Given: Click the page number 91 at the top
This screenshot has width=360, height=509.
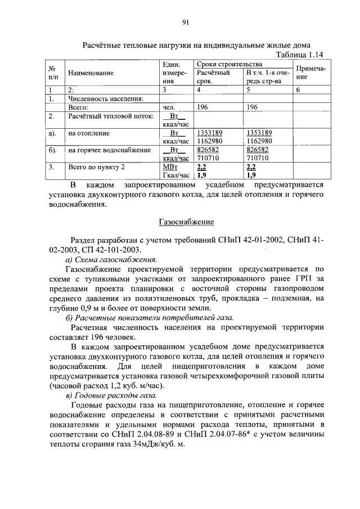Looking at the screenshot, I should click(x=185, y=22).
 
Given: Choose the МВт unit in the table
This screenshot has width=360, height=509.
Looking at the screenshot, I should click(x=170, y=167).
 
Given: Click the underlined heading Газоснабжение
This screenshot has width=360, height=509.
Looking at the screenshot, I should click(x=185, y=223).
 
